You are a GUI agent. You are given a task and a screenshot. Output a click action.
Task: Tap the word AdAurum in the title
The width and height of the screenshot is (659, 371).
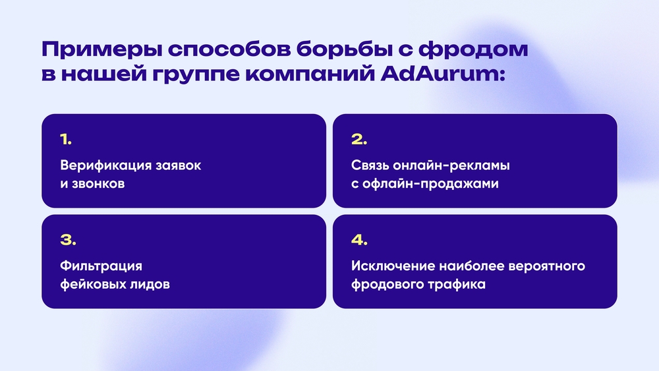click(443, 74)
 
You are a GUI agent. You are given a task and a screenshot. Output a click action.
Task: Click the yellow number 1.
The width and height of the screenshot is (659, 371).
click(65, 140)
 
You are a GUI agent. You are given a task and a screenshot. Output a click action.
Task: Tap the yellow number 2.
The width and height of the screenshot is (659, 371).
click(359, 140)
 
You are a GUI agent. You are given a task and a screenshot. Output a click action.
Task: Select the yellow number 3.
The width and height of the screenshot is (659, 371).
click(68, 240)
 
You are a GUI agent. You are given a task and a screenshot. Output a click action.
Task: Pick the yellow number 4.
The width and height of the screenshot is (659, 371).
click(359, 240)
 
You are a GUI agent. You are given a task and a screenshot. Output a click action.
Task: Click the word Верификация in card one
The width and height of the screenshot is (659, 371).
click(105, 165)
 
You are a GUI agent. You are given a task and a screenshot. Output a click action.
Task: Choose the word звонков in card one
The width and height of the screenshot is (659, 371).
click(98, 184)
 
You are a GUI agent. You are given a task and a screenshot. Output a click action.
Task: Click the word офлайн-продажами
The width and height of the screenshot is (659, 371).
click(430, 184)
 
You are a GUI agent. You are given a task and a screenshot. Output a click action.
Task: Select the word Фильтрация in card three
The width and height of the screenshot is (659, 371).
click(101, 266)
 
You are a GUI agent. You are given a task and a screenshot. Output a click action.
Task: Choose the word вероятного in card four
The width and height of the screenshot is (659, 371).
click(546, 267)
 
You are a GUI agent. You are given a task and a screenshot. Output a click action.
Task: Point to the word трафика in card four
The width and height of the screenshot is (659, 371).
click(457, 285)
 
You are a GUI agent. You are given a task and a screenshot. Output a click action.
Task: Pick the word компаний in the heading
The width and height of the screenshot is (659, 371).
click(310, 74)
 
